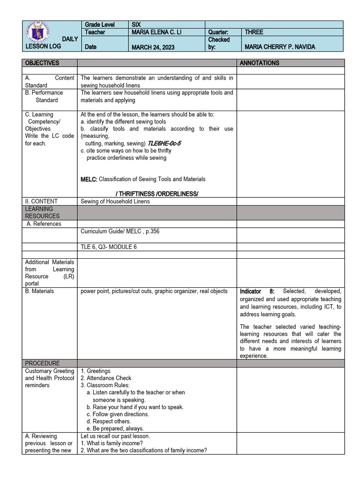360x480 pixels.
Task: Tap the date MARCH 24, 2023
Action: pos(153,47)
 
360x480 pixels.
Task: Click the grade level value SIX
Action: pos(136,24)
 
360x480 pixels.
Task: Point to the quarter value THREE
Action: pos(254,32)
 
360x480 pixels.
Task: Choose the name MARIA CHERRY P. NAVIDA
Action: pos(280,47)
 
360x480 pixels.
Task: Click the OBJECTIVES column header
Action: pos(42,63)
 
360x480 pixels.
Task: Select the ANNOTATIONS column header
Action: pos(259,63)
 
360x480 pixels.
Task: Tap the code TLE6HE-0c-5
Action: pos(165,143)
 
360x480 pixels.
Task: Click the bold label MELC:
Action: pos(89,179)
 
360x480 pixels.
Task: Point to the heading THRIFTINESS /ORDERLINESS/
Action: pos(157,194)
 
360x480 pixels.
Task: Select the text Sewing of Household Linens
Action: pos(115,202)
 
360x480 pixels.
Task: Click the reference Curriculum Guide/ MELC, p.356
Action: pos(123,231)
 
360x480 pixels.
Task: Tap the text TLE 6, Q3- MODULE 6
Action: pos(109,247)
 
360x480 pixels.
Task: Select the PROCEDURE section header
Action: pos(43,363)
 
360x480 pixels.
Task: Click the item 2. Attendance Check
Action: pos(106,378)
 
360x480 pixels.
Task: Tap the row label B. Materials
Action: pos(39,291)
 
